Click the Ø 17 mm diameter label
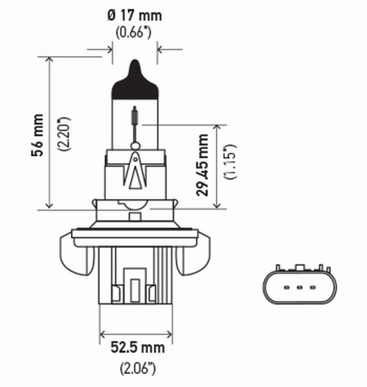[x=134, y=16]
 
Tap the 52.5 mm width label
[x=136, y=348]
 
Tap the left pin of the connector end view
[x=286, y=288]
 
